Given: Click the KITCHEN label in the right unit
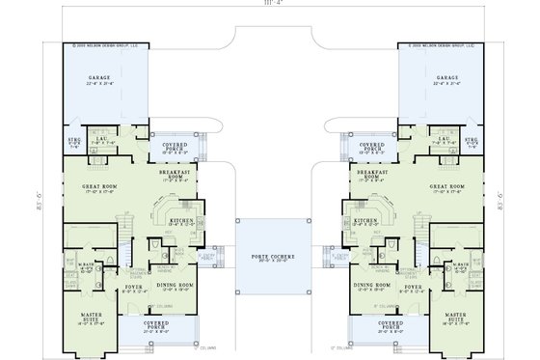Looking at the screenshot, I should (364, 220).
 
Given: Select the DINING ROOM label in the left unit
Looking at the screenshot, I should (176, 285).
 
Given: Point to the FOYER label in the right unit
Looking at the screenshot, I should (413, 287).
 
